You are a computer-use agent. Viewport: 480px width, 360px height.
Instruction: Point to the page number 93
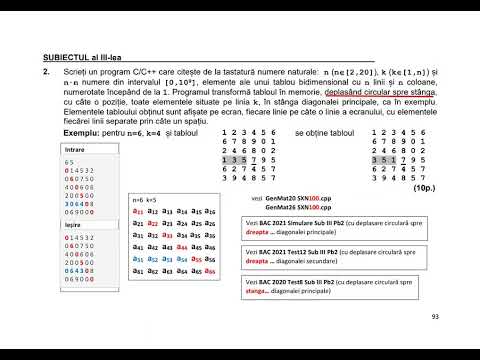pos(435,317)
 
